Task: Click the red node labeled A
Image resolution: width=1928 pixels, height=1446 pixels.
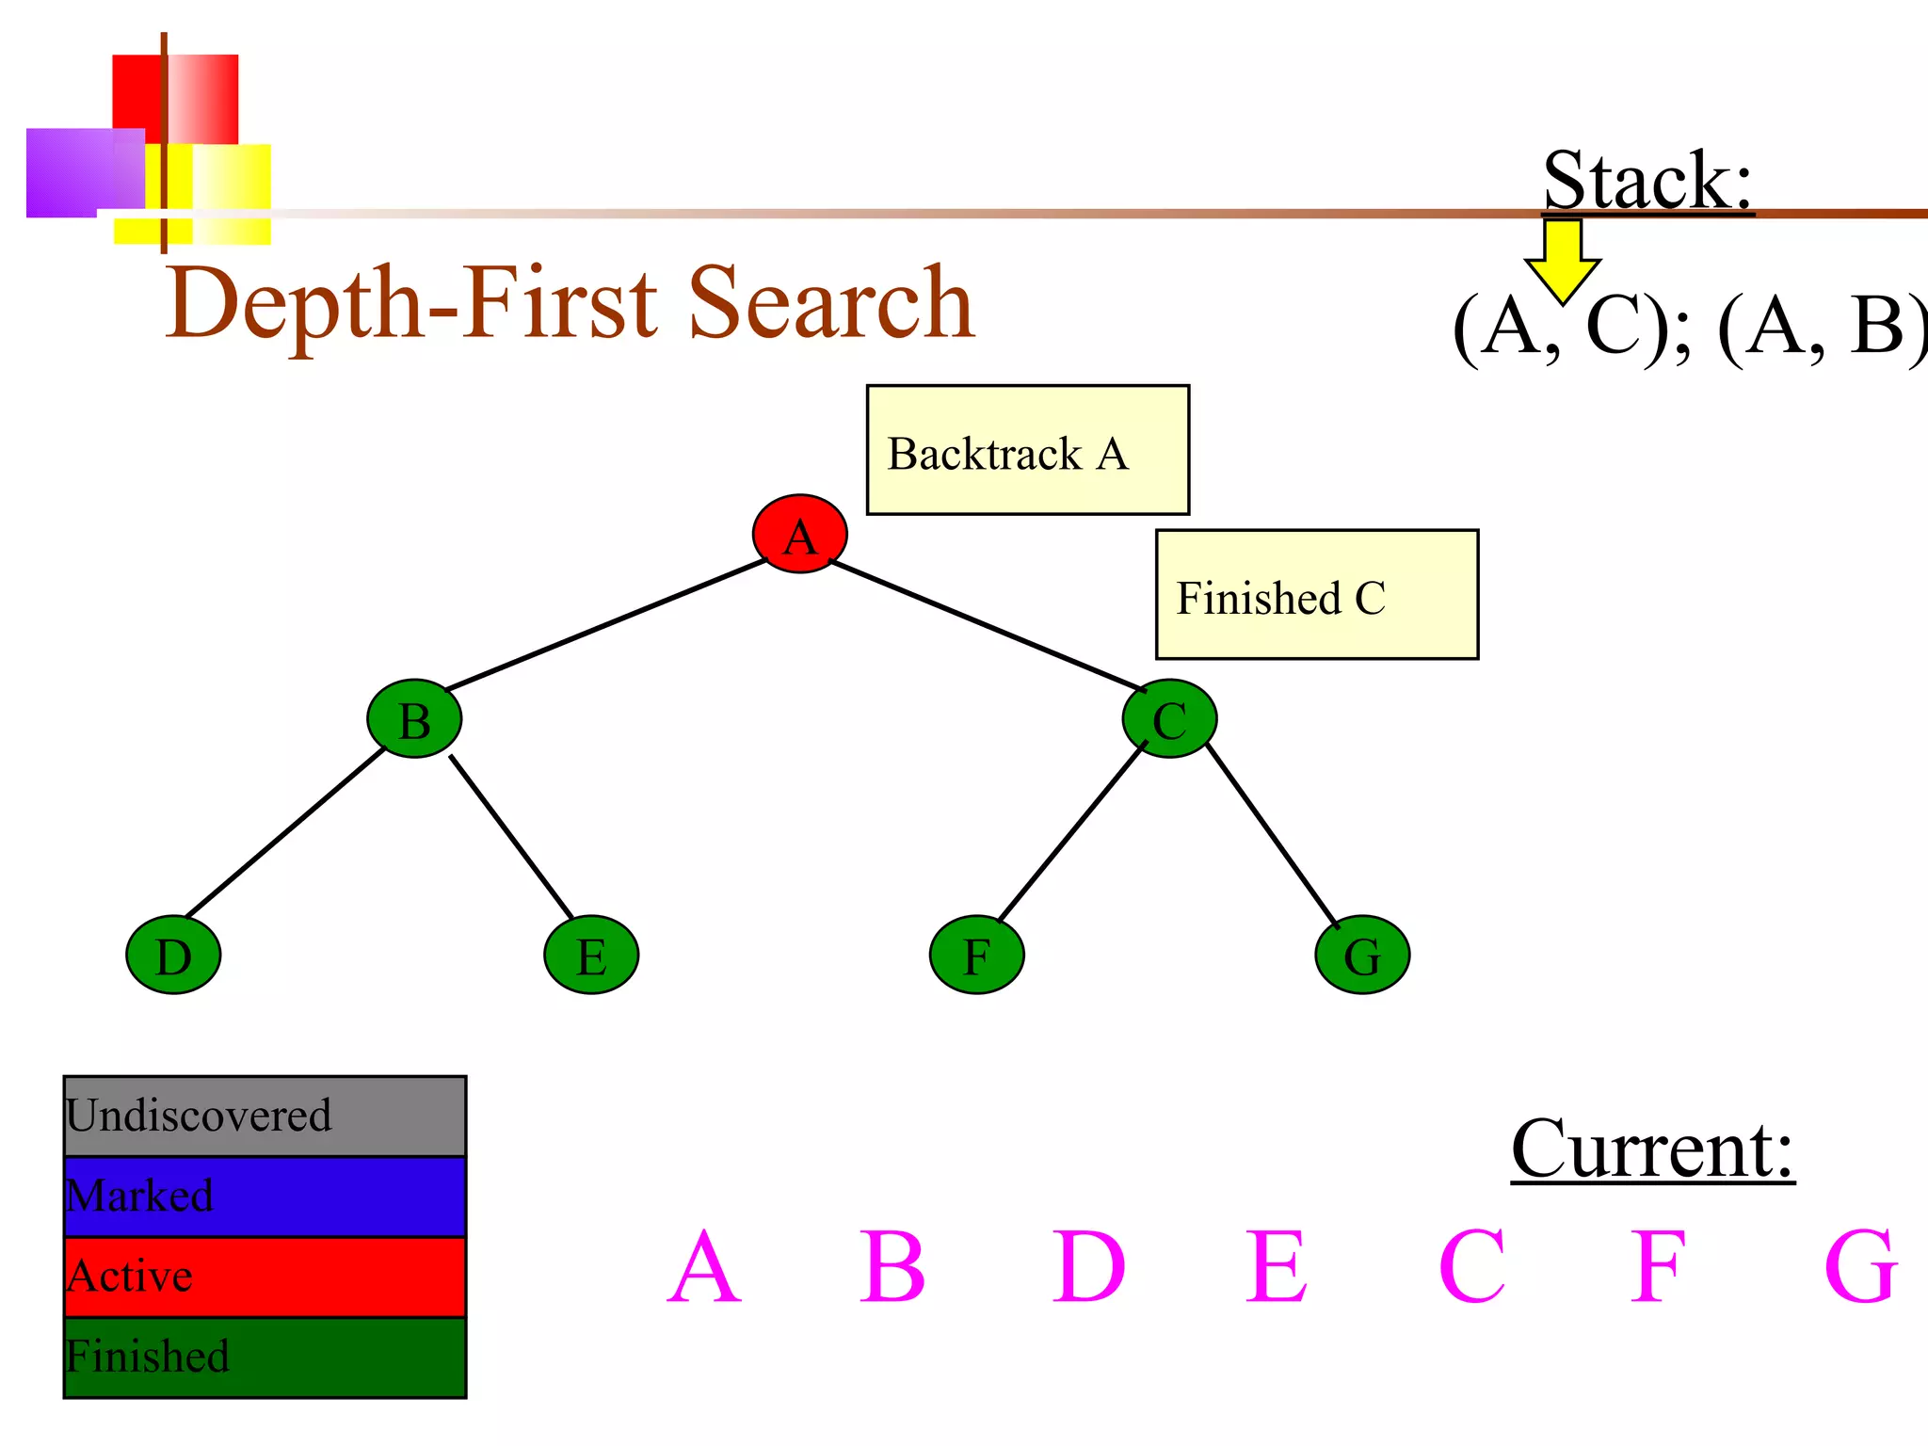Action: coord(799,534)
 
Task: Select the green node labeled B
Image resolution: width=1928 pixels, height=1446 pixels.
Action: coord(414,719)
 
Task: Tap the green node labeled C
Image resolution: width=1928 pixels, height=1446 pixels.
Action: coord(1169,719)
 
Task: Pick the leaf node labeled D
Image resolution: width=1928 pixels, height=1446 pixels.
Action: coord(173,955)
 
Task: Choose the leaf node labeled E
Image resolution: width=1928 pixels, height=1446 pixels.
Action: coord(591,955)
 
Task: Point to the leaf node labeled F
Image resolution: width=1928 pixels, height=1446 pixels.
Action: coord(976,955)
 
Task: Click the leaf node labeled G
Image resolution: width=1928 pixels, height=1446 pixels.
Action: coord(1362,955)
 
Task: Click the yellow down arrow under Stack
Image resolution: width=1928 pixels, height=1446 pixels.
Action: coord(1562,259)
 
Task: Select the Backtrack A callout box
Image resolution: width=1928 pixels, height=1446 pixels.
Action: coord(1027,450)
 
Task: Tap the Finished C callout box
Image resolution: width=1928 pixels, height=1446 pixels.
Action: coord(1316,595)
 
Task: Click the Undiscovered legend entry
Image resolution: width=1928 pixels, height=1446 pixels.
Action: coord(265,1117)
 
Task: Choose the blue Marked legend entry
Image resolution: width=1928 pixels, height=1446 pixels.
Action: coord(265,1197)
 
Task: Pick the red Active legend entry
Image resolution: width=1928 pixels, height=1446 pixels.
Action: coord(265,1277)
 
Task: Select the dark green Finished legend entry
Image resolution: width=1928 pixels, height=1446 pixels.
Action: coord(265,1358)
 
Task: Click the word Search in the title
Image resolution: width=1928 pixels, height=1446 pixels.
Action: coord(831,303)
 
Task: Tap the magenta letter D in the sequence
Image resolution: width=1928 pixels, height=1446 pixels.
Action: coord(1088,1267)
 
